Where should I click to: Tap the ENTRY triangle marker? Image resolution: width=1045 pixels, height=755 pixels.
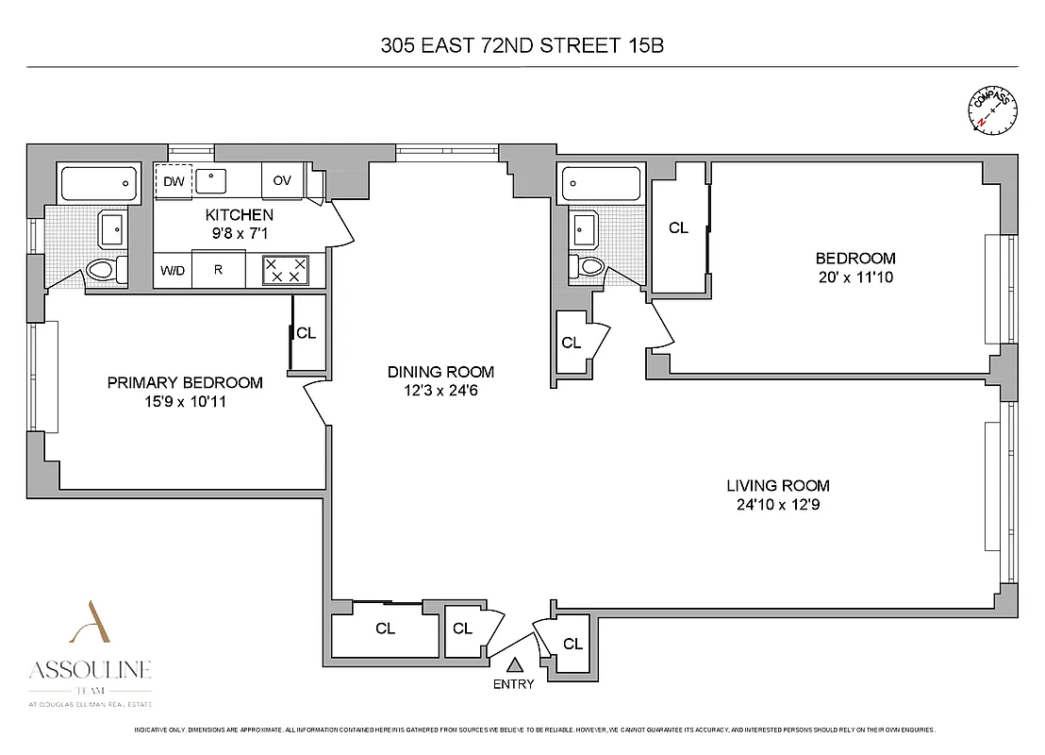515,666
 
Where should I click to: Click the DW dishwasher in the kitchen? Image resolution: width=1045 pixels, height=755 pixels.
174,180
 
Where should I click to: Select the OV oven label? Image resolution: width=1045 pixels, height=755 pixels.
282,180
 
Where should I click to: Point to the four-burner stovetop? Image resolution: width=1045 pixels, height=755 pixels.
284,270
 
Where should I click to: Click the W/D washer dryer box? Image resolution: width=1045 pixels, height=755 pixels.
172,270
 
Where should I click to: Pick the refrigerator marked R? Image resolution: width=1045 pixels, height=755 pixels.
218,270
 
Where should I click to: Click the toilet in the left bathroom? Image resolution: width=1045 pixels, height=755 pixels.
106,270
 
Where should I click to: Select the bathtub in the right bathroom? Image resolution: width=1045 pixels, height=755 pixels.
601,182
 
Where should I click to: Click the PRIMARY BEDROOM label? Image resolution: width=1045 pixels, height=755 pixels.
185,382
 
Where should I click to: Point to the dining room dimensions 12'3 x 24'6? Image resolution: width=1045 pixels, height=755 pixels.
440,390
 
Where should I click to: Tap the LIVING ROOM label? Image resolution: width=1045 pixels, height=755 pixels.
777,485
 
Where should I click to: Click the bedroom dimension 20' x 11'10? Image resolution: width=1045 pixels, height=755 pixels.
855,277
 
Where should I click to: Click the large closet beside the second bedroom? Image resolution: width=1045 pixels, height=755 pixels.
678,227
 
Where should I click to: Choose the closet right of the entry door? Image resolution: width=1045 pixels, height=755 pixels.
572,644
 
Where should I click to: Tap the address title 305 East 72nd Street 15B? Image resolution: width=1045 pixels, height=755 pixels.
522,44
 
